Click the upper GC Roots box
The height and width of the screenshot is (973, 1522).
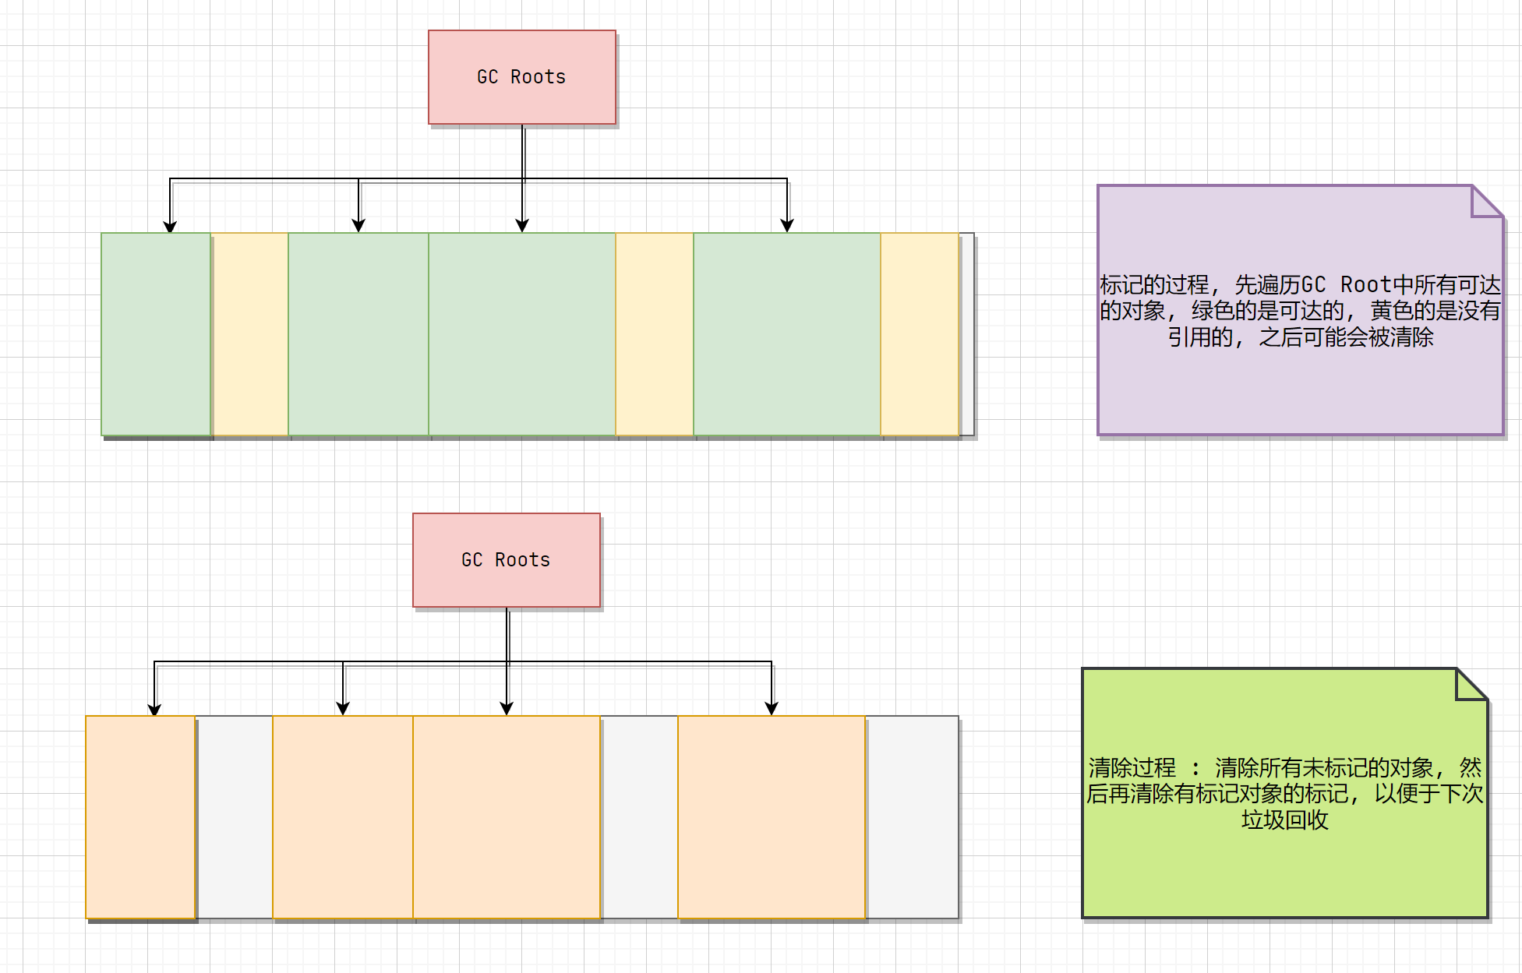(521, 77)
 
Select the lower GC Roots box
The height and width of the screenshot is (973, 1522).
(506, 559)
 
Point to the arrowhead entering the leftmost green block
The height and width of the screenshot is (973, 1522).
(170, 227)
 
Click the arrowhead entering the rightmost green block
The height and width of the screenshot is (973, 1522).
(787, 226)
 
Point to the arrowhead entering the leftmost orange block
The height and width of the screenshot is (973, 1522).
(154, 710)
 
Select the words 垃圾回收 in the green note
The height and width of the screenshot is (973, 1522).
(1284, 820)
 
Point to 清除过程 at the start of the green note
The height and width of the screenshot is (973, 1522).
(1132, 767)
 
